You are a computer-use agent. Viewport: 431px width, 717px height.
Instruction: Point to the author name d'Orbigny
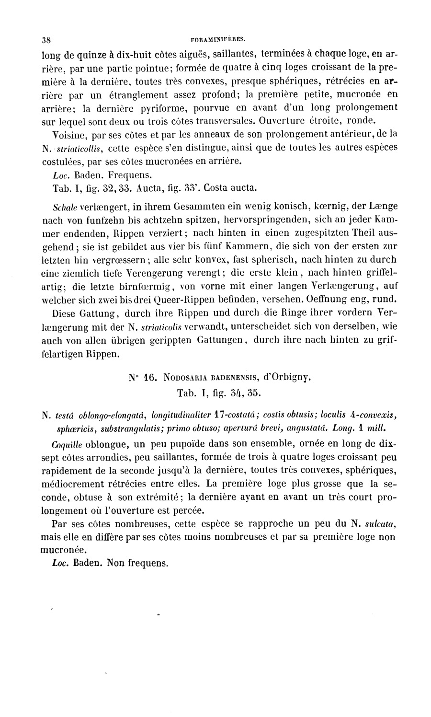pyautogui.click(x=287, y=377)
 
